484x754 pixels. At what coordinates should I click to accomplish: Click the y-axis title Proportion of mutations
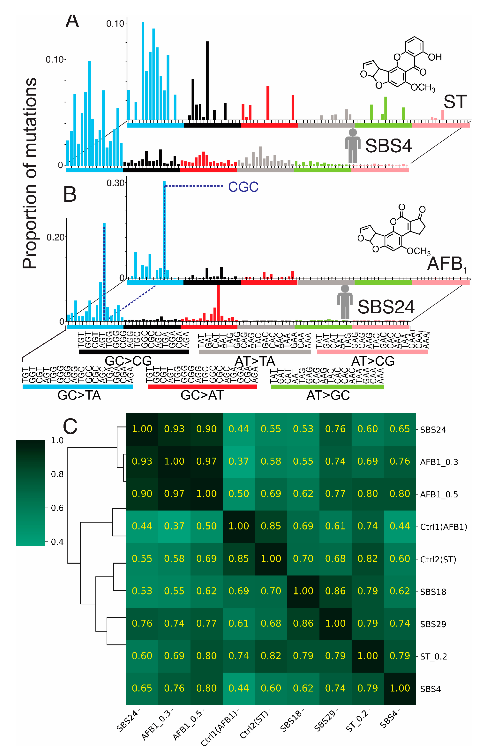(x=30, y=173)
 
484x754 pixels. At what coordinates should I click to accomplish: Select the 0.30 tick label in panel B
(x=115, y=183)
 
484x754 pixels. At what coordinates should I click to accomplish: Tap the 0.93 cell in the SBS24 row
(x=174, y=429)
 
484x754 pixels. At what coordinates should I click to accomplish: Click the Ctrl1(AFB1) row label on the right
(x=443, y=527)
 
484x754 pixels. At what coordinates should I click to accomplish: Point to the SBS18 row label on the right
(x=433, y=592)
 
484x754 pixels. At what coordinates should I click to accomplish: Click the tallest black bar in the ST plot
(x=207, y=80)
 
